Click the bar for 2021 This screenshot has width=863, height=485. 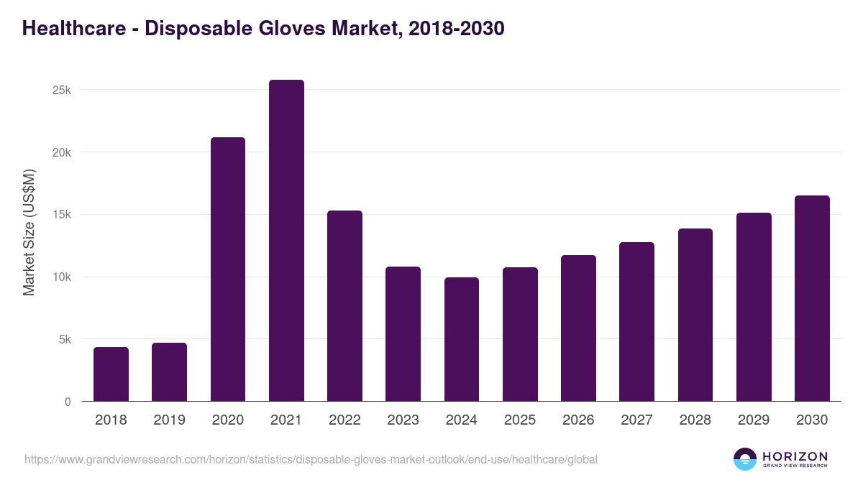click(x=286, y=241)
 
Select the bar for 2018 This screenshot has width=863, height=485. click(x=111, y=374)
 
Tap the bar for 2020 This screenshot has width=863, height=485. click(x=227, y=269)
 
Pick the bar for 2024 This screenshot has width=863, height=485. click(x=461, y=339)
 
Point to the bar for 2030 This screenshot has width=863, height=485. click(x=812, y=298)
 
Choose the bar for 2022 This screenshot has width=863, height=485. click(x=344, y=306)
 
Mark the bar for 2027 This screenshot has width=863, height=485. click(x=636, y=322)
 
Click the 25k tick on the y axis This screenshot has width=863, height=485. click(x=61, y=91)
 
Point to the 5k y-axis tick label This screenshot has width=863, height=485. click(x=64, y=340)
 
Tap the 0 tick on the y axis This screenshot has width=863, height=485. click(x=68, y=402)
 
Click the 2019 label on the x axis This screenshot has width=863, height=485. click(x=169, y=420)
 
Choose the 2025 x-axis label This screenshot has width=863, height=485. click(x=520, y=420)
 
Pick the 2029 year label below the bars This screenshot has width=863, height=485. click(x=754, y=420)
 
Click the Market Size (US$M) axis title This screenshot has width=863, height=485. click(x=29, y=232)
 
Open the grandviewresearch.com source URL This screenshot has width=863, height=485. click(x=311, y=459)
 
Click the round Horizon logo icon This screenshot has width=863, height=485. click(x=745, y=459)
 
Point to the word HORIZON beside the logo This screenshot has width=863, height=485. click(x=795, y=456)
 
